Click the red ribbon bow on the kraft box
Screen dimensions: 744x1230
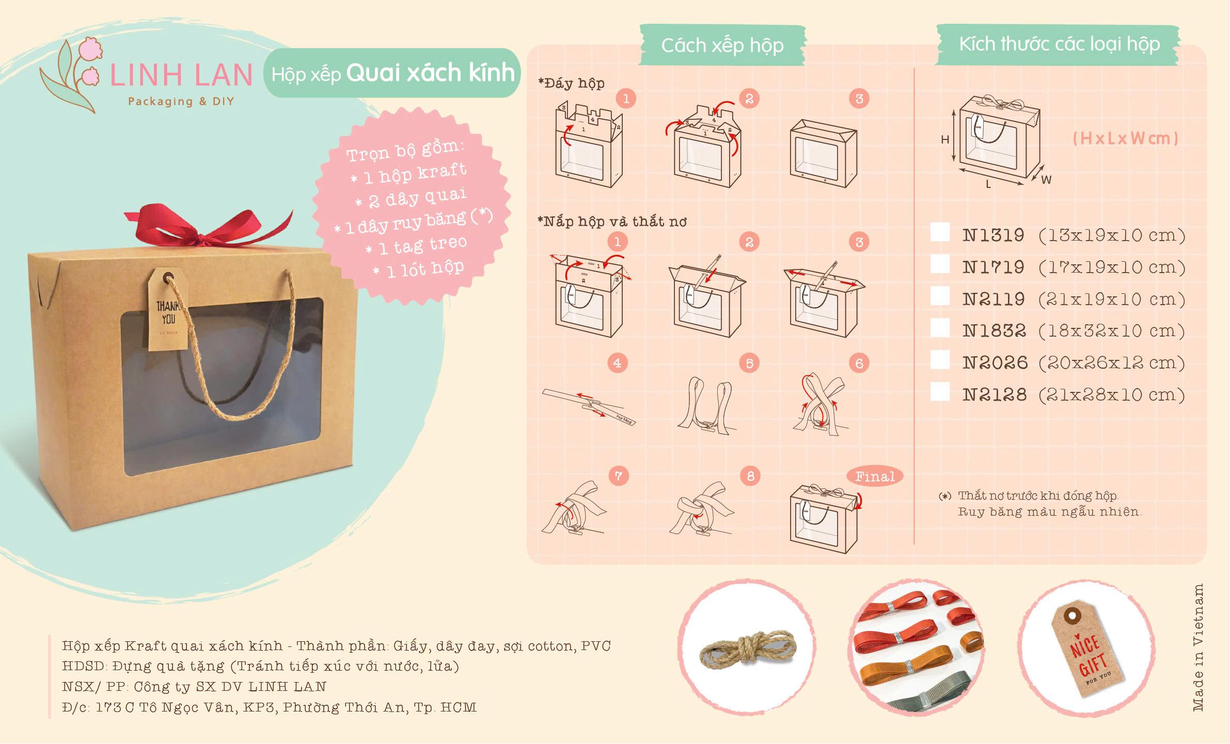(x=207, y=227)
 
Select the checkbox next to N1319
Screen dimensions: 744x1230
(x=940, y=233)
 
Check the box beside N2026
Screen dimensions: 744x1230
(x=940, y=360)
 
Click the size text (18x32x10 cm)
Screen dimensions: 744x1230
(x=1111, y=331)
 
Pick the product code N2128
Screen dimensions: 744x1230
(x=995, y=395)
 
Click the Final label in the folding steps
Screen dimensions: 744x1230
(x=874, y=477)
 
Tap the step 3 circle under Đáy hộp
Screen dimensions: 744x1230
(x=859, y=99)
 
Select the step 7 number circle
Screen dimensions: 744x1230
(x=618, y=476)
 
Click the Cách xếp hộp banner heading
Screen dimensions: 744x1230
(x=722, y=45)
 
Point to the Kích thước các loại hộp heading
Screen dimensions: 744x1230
(x=1059, y=44)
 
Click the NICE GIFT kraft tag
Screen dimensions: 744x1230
(x=1087, y=651)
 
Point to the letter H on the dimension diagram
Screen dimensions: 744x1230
(x=945, y=139)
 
